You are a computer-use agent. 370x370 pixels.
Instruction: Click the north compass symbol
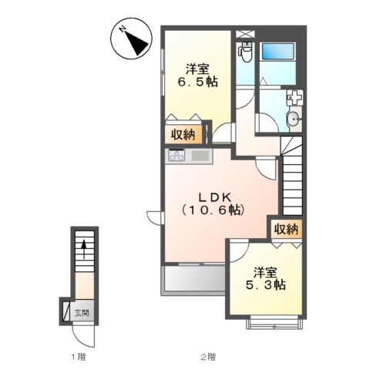pyautogui.click(x=131, y=39)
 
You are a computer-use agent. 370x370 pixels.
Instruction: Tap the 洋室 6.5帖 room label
pyautogui.click(x=198, y=76)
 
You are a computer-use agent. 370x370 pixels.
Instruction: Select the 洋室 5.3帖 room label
pyautogui.click(x=266, y=279)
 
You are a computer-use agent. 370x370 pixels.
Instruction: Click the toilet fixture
pyautogui.click(x=245, y=52)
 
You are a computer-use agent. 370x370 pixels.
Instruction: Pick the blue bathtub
pyautogui.click(x=277, y=52)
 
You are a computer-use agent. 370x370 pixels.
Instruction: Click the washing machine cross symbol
pyautogui.click(x=295, y=98)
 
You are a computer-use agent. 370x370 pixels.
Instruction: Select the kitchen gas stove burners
pyautogui.click(x=177, y=155)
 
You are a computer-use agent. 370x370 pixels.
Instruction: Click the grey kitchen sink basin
pyautogui.click(x=200, y=156)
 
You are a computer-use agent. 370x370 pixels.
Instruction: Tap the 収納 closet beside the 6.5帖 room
pyautogui.click(x=183, y=135)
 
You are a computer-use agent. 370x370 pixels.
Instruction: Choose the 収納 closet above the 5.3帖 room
pyautogui.click(x=286, y=229)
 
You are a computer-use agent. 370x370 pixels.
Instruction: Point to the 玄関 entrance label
pyautogui.click(x=82, y=313)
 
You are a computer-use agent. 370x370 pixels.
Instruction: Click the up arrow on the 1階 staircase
pyautogui.click(x=84, y=249)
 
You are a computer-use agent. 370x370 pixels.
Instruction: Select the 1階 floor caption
pyautogui.click(x=79, y=357)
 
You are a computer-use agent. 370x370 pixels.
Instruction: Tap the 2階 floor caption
pyautogui.click(x=208, y=357)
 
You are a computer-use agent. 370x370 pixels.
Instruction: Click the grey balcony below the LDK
pyautogui.click(x=194, y=279)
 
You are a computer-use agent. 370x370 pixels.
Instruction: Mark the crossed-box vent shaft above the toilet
pyautogui.click(x=245, y=34)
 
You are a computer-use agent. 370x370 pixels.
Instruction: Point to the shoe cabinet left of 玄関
pyautogui.click(x=66, y=311)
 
